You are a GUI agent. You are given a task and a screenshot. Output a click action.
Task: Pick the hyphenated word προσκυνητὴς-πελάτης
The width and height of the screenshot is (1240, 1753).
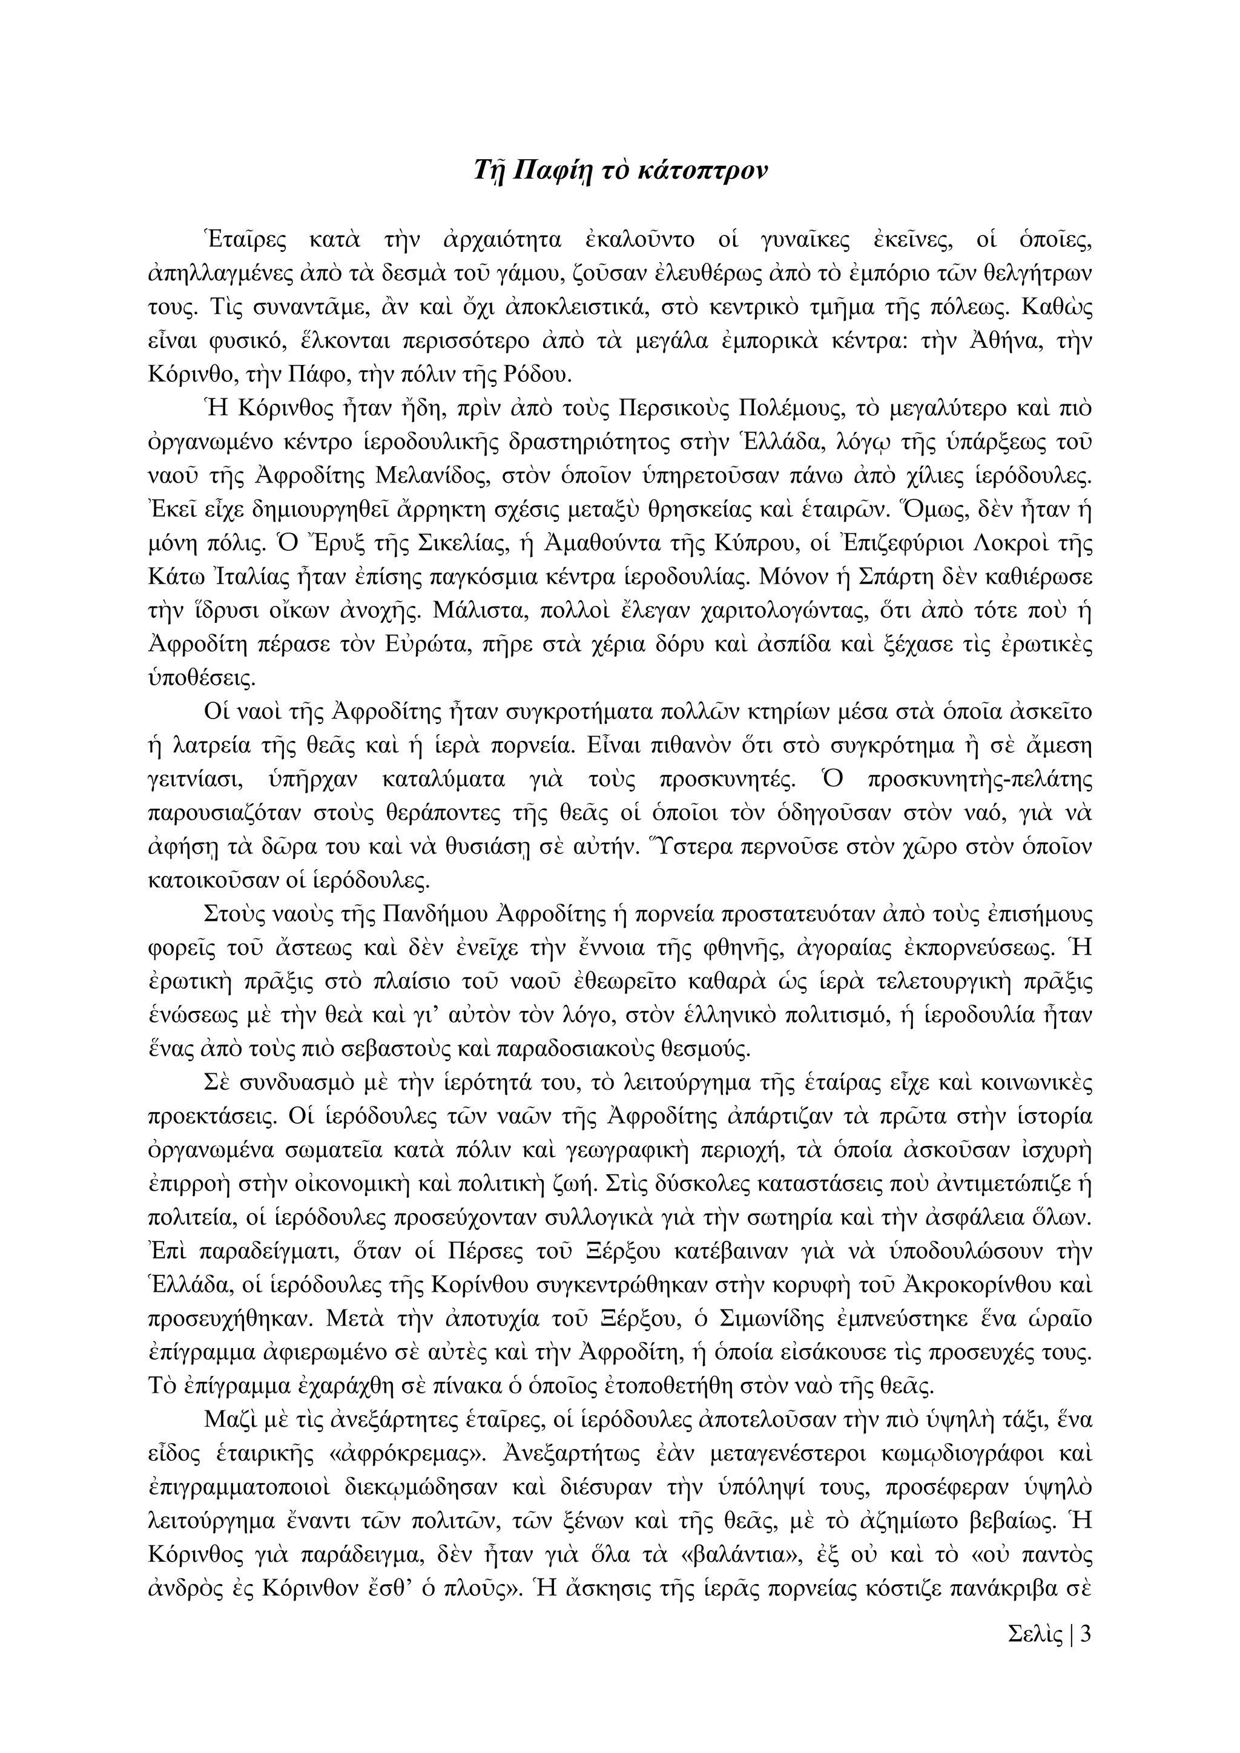(980, 780)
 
